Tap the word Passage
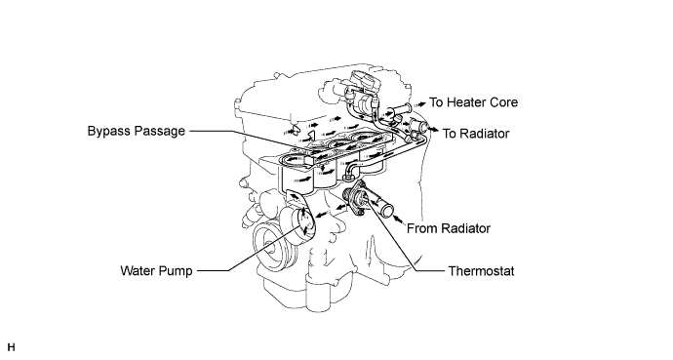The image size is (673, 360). [160, 131]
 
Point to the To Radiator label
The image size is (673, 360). [476, 134]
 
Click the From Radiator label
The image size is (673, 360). [449, 228]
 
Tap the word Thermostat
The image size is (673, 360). [481, 271]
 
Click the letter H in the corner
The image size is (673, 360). [11, 347]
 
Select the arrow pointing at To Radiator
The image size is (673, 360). [433, 130]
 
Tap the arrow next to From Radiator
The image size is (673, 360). [399, 220]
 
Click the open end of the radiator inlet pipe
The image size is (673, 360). [387, 211]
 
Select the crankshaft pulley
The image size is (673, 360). [267, 248]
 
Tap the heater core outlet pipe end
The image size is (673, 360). [406, 108]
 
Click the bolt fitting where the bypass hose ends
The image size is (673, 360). [347, 175]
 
